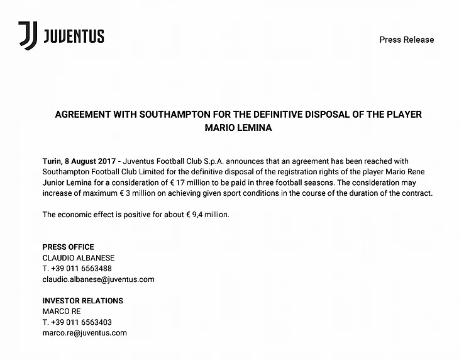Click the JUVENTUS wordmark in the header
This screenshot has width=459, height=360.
74,37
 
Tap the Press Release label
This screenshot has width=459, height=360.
406,40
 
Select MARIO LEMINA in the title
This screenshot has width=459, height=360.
238,127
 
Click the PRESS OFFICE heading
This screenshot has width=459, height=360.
68,247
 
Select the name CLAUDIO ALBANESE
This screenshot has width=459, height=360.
79,258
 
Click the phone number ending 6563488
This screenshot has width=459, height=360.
77,268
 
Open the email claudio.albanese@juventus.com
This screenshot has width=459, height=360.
98,279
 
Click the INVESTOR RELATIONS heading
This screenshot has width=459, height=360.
82,301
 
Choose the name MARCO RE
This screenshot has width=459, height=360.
62,312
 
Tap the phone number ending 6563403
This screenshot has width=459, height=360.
77,322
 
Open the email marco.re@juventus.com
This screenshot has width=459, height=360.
84,333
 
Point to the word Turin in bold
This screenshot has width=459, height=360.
53,162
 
